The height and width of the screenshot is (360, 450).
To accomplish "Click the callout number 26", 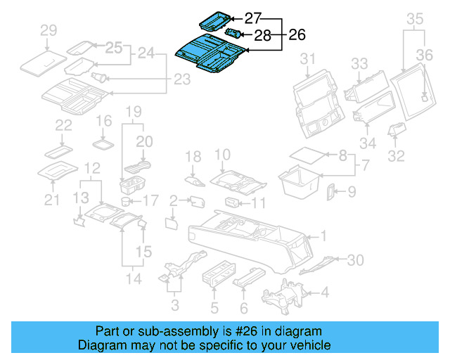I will click(x=298, y=34).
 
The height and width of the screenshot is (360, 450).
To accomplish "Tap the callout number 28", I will click(x=262, y=35).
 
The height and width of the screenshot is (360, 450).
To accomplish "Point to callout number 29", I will click(x=48, y=30).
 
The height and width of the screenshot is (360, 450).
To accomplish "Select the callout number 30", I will click(x=356, y=260).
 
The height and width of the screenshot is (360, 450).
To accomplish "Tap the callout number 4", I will click(x=325, y=291).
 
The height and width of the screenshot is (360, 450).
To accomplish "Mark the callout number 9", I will click(x=352, y=190).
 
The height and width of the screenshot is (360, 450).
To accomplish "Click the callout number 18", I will click(x=193, y=156).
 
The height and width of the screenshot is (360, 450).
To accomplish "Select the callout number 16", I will click(x=103, y=121).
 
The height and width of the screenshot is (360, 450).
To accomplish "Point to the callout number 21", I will click(x=50, y=201).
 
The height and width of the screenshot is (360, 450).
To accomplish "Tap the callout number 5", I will click(x=214, y=307).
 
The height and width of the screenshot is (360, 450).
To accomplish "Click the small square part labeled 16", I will click(x=104, y=143).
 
